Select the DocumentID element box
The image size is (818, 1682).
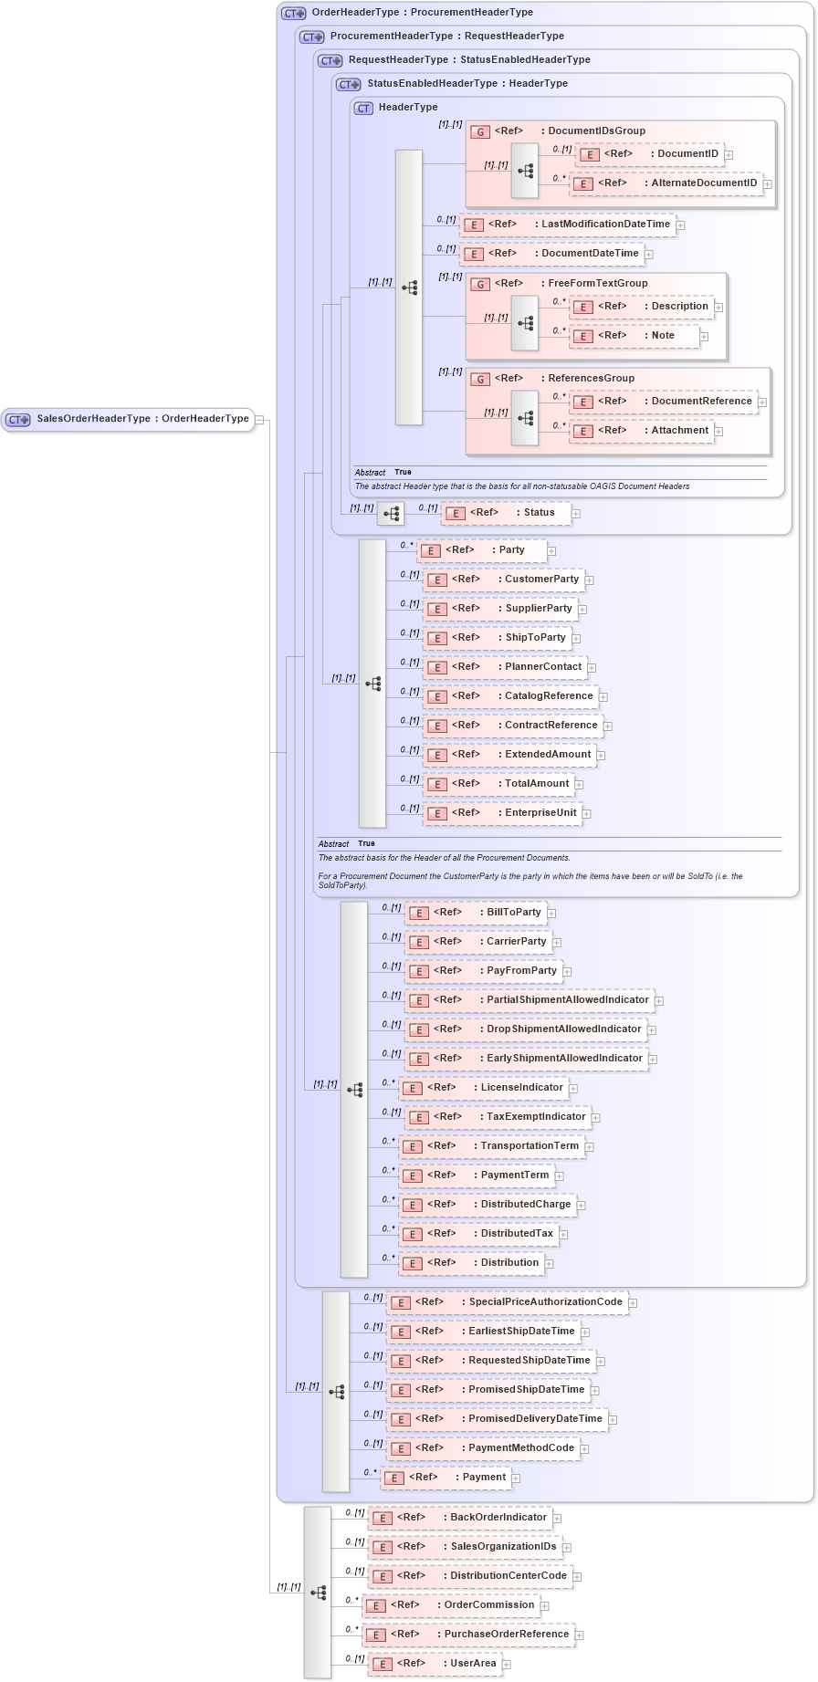[650, 154]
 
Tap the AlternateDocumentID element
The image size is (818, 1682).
[666, 183]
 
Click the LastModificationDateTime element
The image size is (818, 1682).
[568, 225]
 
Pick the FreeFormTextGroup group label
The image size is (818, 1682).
[597, 284]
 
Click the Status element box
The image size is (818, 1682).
[507, 513]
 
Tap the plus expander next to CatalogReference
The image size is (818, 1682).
[603, 697]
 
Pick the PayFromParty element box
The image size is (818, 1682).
[484, 971]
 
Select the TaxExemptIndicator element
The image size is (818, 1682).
[498, 1117]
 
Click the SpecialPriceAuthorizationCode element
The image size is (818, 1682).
[508, 1302]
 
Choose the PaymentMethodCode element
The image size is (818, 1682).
[484, 1448]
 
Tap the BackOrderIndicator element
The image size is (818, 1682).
[460, 1518]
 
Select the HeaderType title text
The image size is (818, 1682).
[408, 108]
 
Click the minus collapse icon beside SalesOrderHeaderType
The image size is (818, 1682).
[260, 420]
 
